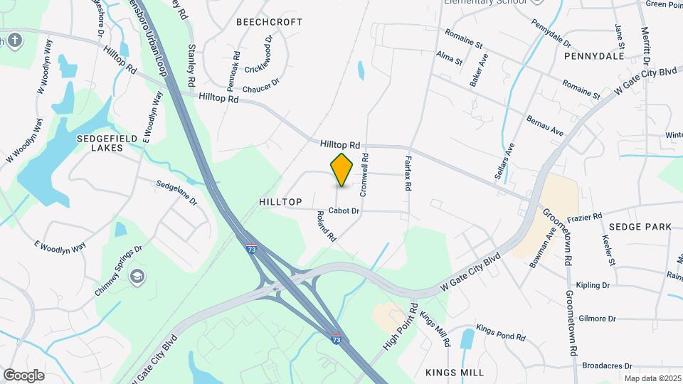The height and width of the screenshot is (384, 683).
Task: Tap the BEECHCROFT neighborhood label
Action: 270,22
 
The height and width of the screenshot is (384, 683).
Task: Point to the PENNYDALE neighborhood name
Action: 593,55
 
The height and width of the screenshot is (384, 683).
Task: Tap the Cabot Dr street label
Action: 345,211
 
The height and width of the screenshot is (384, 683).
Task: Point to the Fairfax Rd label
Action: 408,174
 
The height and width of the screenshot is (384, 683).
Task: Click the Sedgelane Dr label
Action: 176,192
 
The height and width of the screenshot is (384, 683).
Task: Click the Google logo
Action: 23,375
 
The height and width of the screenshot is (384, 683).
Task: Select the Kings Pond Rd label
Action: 501,331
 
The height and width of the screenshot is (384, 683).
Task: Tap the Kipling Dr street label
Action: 594,285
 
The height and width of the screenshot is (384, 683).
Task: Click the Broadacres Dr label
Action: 607,366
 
